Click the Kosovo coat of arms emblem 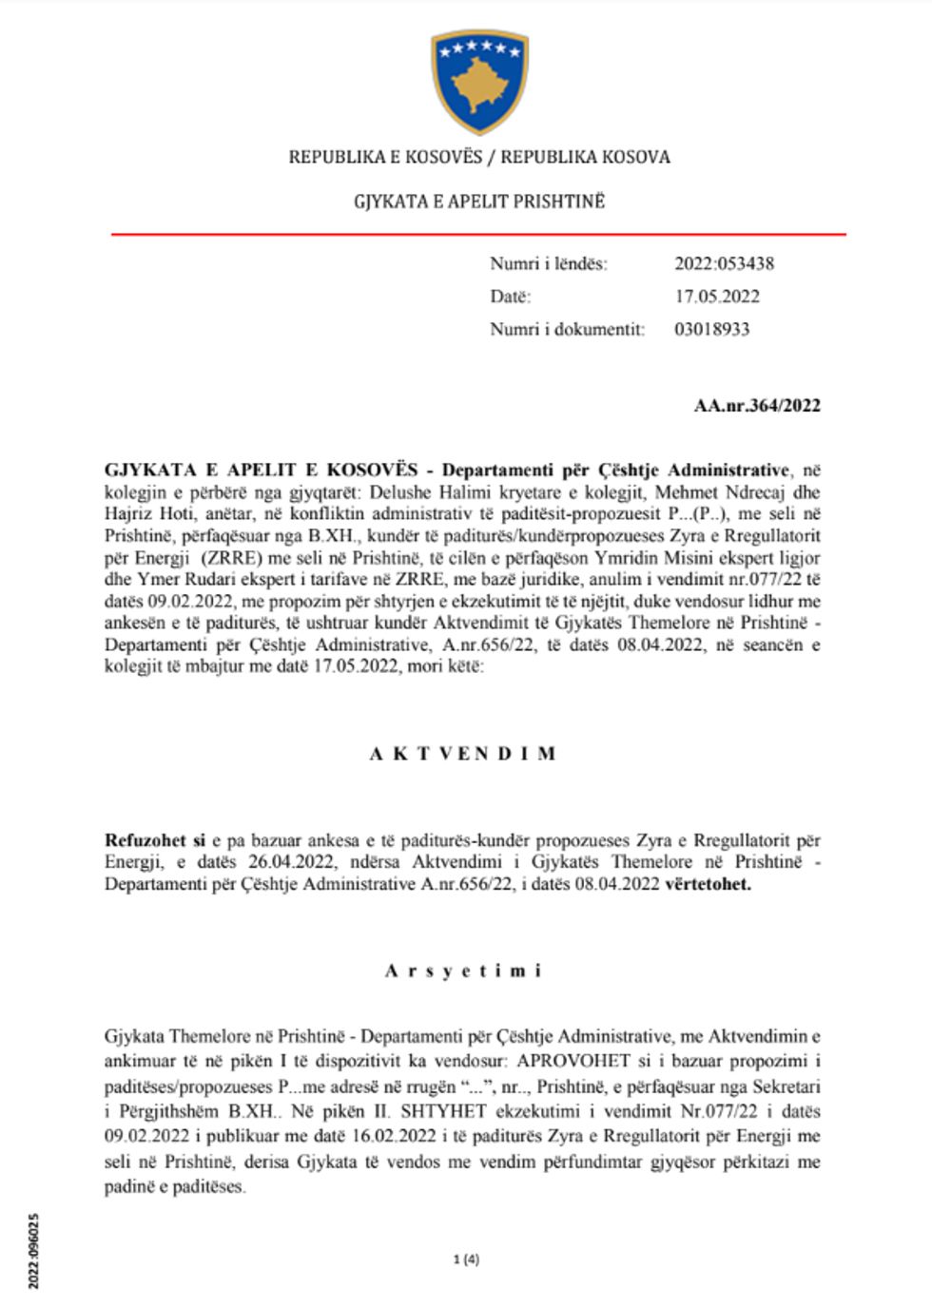(x=479, y=81)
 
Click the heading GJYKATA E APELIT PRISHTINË (x=479, y=202)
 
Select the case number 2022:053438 (x=724, y=263)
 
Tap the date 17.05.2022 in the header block (x=717, y=297)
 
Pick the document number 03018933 (x=711, y=329)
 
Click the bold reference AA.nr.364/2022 (x=757, y=405)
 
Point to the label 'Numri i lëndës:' (x=549, y=263)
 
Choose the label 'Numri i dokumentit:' (x=567, y=329)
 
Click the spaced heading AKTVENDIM (x=462, y=754)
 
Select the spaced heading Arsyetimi (x=463, y=971)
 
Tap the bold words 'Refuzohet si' (x=155, y=840)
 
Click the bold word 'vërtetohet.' (x=708, y=884)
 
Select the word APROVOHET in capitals (x=573, y=1061)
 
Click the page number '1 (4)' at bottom (x=466, y=1259)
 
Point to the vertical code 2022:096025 (x=34, y=1251)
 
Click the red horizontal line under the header (x=478, y=233)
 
